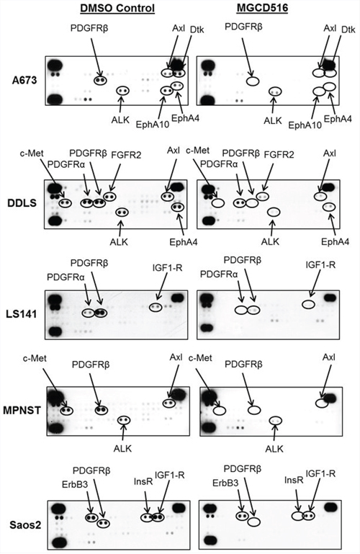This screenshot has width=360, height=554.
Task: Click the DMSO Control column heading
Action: [x=117, y=7]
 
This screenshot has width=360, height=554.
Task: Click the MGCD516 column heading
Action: [x=262, y=7]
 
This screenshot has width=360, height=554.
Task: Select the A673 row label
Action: [x=24, y=80]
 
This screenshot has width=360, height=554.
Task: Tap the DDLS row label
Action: [x=22, y=203]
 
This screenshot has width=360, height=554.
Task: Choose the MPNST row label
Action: [x=22, y=410]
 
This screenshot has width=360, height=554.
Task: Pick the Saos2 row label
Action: [x=25, y=524]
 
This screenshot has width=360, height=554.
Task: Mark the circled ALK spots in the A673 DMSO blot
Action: [x=123, y=91]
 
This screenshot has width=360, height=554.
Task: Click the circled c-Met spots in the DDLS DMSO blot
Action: [x=66, y=203]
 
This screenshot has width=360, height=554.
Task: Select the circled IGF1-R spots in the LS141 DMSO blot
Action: [x=156, y=308]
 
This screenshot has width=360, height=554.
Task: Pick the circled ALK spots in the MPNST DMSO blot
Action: [x=124, y=420]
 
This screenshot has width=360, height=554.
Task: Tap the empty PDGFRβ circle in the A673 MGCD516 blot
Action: [x=253, y=81]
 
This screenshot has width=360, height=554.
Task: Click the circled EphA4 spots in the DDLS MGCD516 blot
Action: [x=329, y=207]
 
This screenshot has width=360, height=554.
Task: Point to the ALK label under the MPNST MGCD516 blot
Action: [x=274, y=449]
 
